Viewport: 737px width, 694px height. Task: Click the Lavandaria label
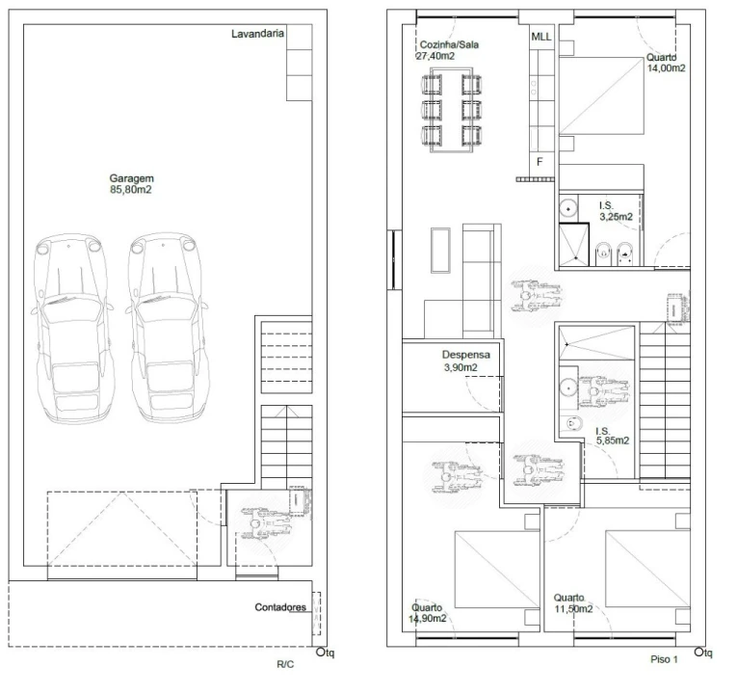click(257, 34)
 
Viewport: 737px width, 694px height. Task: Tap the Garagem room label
click(132, 178)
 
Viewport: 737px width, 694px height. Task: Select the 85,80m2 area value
click(131, 190)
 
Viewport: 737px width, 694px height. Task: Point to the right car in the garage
click(167, 327)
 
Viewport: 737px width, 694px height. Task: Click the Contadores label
click(280, 607)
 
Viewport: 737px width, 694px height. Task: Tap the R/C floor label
click(285, 664)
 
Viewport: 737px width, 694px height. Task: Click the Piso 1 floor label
click(664, 659)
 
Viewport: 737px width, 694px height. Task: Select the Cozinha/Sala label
click(449, 44)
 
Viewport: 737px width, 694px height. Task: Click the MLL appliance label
click(541, 37)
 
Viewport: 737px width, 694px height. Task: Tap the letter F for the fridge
click(540, 161)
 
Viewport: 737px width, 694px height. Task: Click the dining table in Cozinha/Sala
click(452, 110)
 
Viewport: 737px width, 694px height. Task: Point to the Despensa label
click(465, 355)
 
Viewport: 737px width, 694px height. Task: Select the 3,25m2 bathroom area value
click(616, 217)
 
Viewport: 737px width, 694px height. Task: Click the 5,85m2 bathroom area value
click(613, 440)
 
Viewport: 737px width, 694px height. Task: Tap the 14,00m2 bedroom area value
click(666, 68)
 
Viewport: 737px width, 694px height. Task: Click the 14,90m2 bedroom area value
click(427, 618)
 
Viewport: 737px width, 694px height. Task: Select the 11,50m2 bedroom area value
click(573, 609)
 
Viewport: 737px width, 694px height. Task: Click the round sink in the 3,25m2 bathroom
click(568, 207)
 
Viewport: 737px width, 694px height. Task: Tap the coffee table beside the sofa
click(440, 251)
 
